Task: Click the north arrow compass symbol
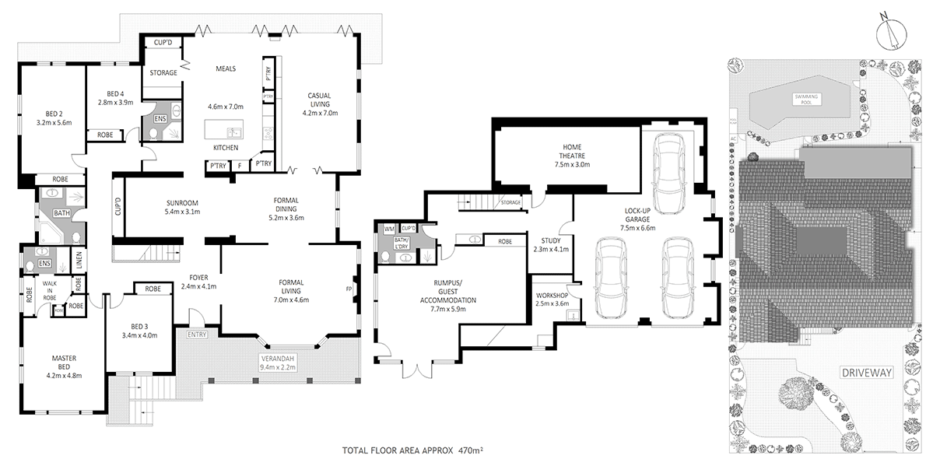coord(889,33)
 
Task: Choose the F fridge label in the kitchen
coord(240,164)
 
